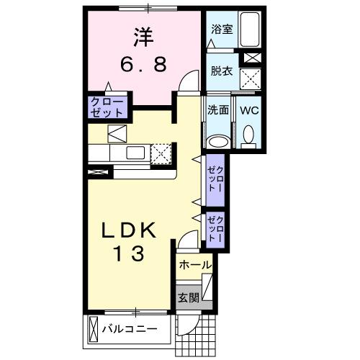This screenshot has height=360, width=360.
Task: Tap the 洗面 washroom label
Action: [x=218, y=110]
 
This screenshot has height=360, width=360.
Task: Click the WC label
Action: [x=250, y=110]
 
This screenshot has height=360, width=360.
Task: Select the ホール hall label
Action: [x=195, y=265]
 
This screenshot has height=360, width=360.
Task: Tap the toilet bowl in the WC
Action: [x=248, y=135]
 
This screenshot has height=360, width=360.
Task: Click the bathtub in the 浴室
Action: [x=250, y=30]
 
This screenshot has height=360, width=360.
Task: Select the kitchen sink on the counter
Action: [x=134, y=153]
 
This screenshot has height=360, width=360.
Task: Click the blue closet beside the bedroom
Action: [x=107, y=107]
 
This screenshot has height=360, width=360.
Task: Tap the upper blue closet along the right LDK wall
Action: [x=215, y=180]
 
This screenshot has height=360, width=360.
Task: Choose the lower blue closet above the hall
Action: [x=215, y=227]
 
